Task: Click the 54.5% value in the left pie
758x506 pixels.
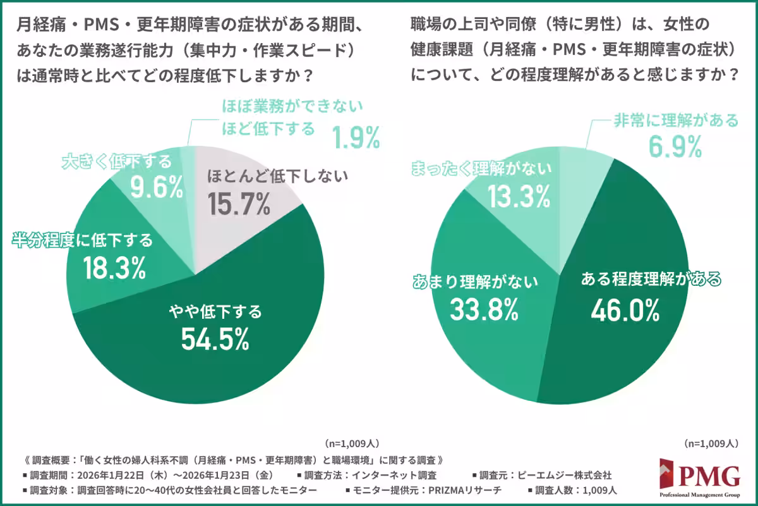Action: click(x=215, y=340)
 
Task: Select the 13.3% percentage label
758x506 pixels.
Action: click(x=519, y=197)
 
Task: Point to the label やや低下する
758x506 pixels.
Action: click(x=215, y=311)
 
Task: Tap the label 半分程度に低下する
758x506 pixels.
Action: click(x=83, y=240)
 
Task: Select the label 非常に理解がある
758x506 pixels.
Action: click(x=676, y=121)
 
